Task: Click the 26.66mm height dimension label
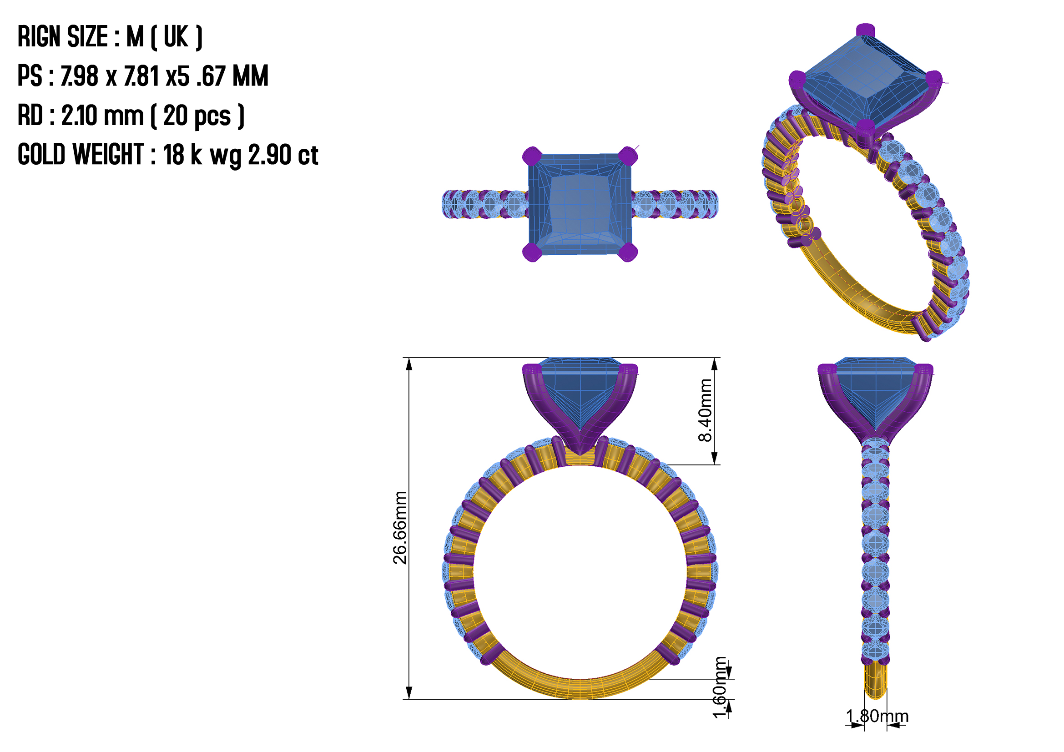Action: click(399, 528)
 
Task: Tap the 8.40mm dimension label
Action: click(705, 410)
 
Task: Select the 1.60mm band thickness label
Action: click(720, 687)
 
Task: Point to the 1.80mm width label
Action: click(877, 716)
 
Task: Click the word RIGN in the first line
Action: click(40, 36)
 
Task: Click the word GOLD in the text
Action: click(41, 154)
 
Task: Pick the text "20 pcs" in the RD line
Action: click(197, 116)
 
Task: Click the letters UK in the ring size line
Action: click(176, 36)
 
